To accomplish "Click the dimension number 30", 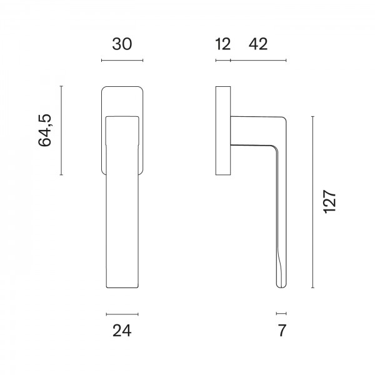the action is (x=122, y=44).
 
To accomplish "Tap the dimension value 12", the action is (x=223, y=44).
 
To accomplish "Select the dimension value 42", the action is (x=258, y=44).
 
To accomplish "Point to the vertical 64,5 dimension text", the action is (x=45, y=131).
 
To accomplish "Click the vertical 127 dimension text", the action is (x=330, y=202).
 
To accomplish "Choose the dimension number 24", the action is (x=122, y=331).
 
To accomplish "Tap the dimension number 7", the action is (x=282, y=331).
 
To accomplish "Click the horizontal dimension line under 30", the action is (x=122, y=61).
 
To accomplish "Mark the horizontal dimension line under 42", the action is (x=258, y=61).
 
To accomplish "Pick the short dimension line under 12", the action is (x=223, y=61).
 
